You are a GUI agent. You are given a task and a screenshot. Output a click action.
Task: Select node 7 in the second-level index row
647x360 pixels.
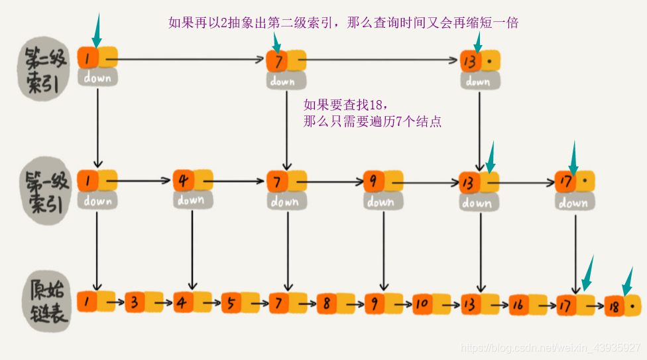coord(276,62)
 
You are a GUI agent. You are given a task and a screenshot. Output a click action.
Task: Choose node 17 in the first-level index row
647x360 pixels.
coord(565,181)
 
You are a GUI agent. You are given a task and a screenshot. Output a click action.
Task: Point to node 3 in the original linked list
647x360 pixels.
coord(135,303)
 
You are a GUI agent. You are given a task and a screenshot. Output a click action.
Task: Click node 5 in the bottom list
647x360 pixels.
coord(231,303)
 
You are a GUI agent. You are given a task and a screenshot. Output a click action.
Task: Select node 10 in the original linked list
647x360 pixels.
coord(423,304)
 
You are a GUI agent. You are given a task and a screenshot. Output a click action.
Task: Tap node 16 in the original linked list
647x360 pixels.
coord(519,304)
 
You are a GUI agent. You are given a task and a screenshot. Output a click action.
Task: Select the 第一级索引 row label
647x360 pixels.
coord(44,192)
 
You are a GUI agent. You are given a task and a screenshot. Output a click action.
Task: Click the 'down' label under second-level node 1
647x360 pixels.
coord(97,78)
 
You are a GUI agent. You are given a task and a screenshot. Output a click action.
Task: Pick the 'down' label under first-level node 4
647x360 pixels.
coord(191,199)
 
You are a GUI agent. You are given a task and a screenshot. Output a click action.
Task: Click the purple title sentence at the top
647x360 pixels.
coord(343,23)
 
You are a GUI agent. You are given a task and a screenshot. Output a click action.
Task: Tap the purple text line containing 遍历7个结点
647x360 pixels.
coord(372,121)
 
